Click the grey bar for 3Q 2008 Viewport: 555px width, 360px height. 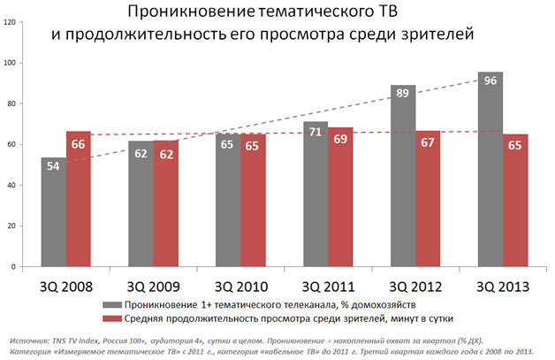coord(53,212)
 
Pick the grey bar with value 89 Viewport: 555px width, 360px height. coord(403,176)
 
